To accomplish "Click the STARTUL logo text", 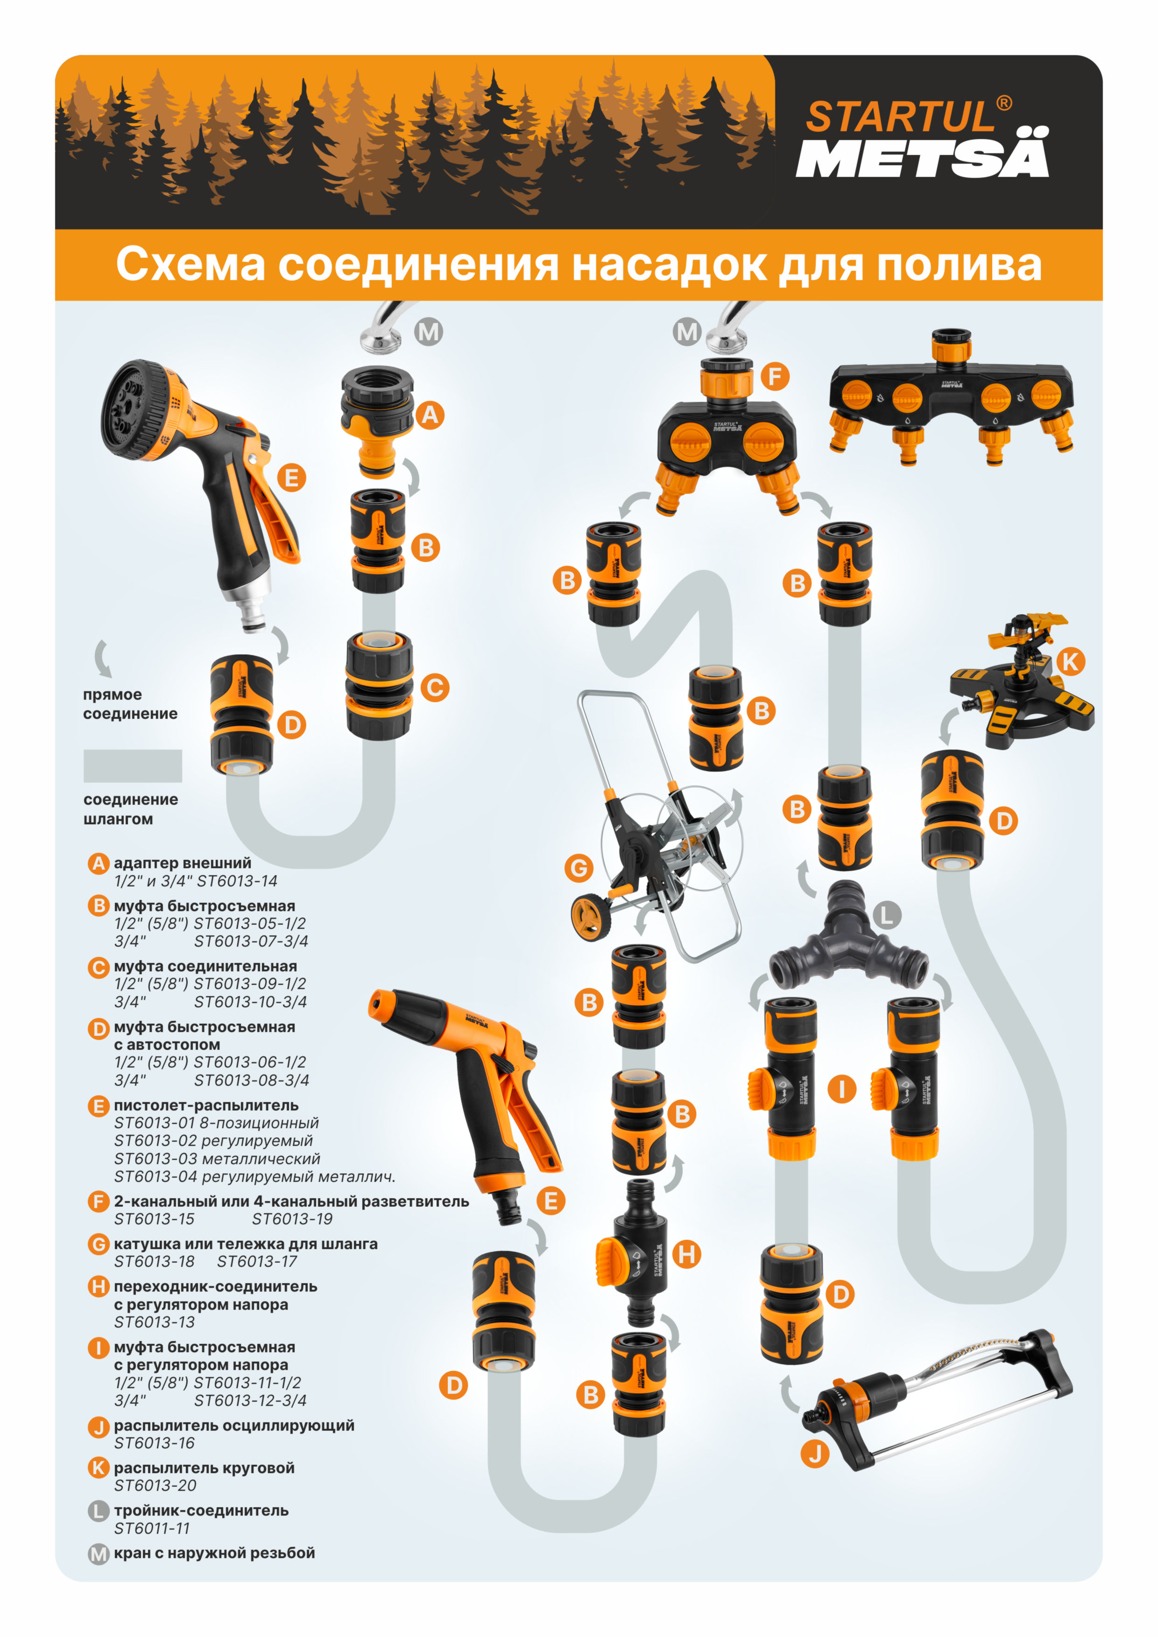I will click(900, 117).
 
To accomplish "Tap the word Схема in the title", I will click(191, 265).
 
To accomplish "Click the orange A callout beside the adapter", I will click(430, 415).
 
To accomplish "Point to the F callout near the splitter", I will click(775, 376).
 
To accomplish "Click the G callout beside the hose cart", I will click(579, 868).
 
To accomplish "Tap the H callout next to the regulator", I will click(687, 1254).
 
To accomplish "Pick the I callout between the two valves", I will click(841, 1089).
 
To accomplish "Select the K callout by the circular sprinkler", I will click(1070, 661).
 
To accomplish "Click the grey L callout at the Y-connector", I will click(887, 915).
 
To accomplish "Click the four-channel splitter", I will click(951, 398).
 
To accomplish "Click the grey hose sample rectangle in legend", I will click(133, 766).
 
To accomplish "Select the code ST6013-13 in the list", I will click(154, 1322).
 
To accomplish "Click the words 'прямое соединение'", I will click(130, 704).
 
